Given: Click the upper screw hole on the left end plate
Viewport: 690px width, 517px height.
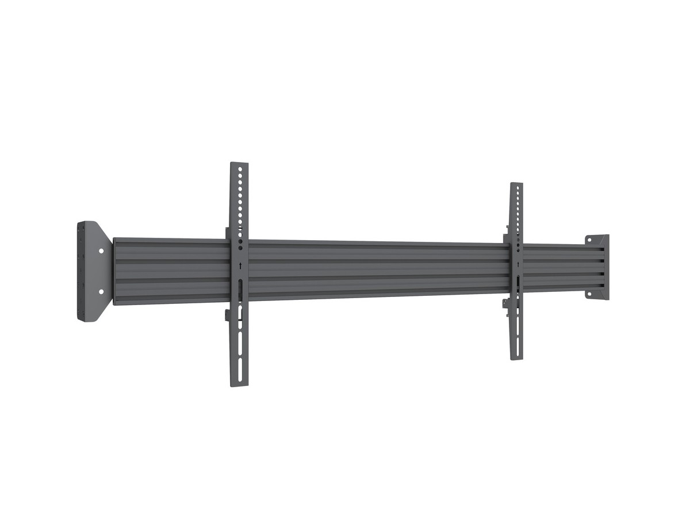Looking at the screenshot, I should coord(101,251).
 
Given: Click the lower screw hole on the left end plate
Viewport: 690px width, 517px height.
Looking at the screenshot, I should coord(101,292).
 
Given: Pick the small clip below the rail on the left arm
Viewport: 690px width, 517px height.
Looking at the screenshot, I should coord(228,315).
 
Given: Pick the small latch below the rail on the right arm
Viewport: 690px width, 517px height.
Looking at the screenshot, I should coord(506,307).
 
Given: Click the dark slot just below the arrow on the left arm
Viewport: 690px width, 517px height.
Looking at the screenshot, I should coord(239,287).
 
